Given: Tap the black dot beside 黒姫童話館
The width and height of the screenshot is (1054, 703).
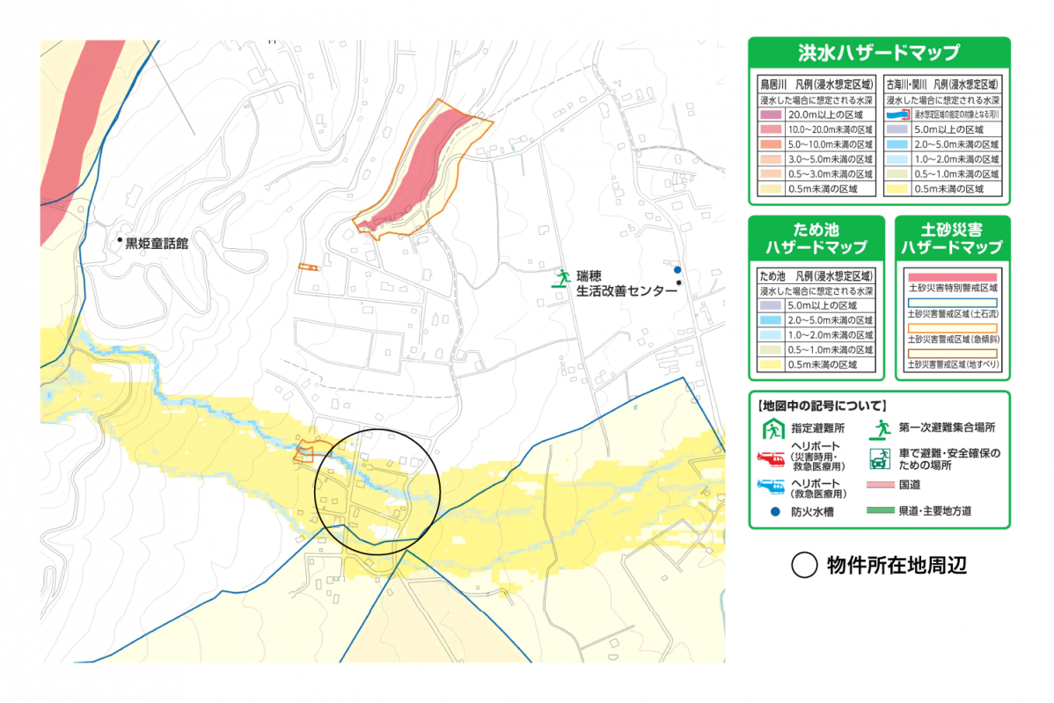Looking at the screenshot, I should (120, 239).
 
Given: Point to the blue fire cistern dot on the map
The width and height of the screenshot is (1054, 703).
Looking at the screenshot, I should (677, 269).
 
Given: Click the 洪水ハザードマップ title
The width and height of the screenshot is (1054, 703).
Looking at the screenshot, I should (878, 53).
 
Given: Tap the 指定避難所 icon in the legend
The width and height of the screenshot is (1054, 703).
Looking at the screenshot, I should (772, 429).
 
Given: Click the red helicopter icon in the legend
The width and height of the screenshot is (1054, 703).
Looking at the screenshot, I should (771, 459).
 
